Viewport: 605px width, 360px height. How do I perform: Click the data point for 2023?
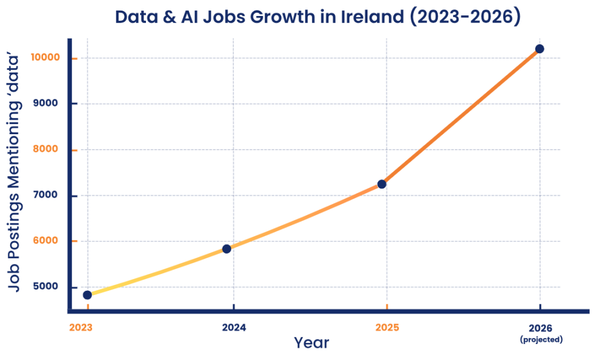click(x=87, y=294)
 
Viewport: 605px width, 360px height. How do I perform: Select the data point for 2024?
click(x=226, y=249)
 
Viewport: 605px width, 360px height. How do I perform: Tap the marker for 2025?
click(x=382, y=184)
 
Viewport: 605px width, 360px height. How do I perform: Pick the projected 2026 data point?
click(x=539, y=48)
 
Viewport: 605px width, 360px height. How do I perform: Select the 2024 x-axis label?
click(x=234, y=327)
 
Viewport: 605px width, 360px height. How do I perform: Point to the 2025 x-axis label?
click(x=387, y=327)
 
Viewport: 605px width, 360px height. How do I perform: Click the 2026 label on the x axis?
click(x=541, y=327)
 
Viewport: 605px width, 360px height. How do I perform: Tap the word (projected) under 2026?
click(x=541, y=339)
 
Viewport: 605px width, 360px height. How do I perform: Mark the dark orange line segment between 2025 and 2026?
click(x=461, y=116)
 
